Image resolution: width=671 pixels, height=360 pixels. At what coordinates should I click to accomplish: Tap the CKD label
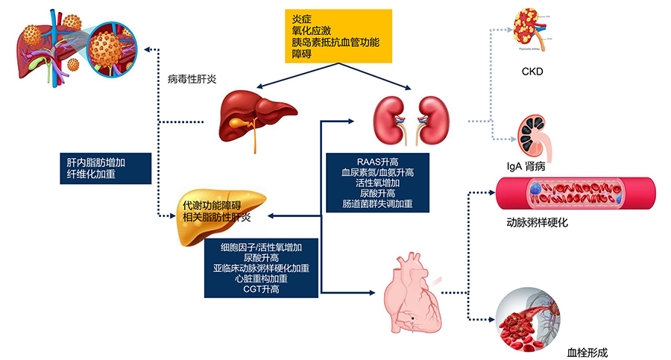pyautogui.click(x=533, y=72)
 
